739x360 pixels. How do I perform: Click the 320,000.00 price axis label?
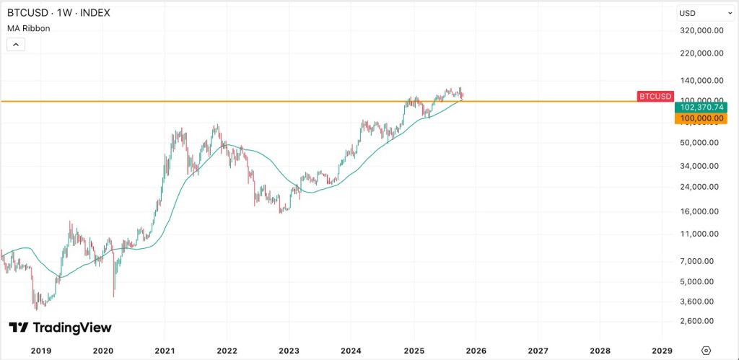(702, 31)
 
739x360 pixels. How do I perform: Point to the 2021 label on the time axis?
(165, 350)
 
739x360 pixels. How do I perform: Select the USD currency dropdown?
(706, 13)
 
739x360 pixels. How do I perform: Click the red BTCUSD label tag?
(655, 97)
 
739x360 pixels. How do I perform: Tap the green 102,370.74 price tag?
(699, 107)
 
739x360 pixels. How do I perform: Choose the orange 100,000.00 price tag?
(699, 118)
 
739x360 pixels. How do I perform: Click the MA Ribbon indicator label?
(28, 28)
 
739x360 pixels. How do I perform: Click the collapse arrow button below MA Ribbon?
(16, 44)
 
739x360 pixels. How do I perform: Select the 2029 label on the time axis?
(662, 350)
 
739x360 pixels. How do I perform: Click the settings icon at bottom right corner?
(707, 350)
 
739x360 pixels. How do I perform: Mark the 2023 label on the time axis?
(289, 350)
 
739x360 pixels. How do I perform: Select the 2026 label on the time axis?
(476, 350)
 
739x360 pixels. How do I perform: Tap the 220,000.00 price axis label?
(702, 53)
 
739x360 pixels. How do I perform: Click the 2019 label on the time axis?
(40, 350)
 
